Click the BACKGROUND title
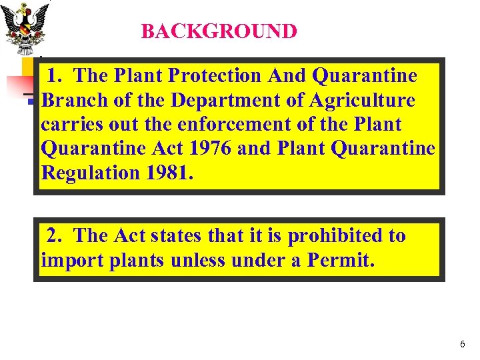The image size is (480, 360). (x=219, y=31)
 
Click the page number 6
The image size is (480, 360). (x=462, y=344)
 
